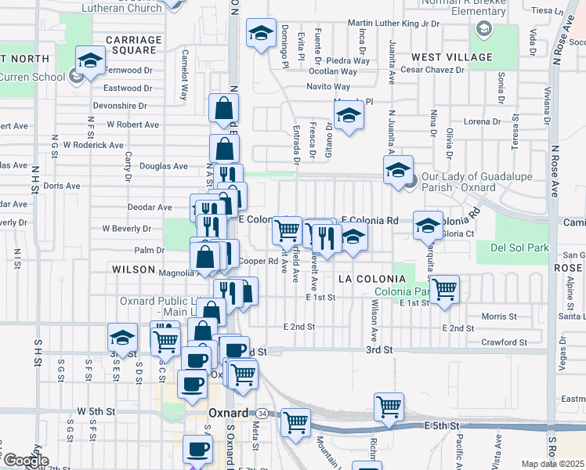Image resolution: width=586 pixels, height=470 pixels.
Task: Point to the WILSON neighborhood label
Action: tap(133, 269)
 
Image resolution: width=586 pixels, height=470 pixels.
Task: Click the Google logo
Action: tap(25, 461)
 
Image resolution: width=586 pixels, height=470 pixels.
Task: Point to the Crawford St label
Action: tap(504, 342)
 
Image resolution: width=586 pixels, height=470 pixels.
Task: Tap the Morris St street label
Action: tap(495, 316)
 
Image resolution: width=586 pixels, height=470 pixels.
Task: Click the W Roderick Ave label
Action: tap(94, 145)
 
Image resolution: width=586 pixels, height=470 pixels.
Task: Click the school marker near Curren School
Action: tap(90, 60)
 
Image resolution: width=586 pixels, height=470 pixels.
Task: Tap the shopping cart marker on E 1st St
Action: tap(445, 288)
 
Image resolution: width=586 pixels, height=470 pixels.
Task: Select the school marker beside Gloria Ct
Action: tap(428, 225)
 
